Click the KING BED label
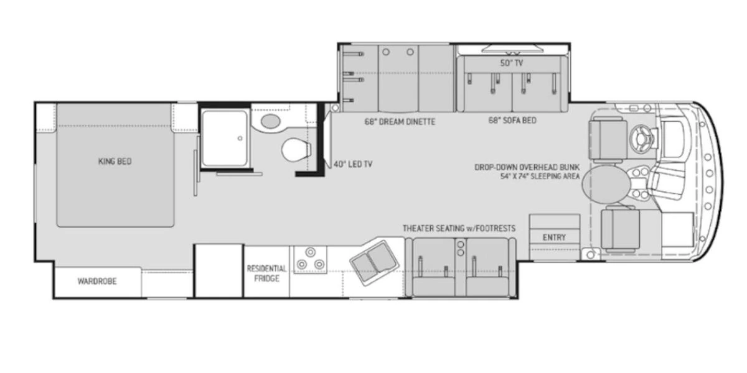115,162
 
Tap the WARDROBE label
97,281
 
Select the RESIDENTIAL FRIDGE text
266,274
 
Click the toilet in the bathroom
296,149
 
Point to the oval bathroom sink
270,121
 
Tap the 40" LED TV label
353,165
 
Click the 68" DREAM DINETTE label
400,122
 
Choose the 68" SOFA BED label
512,121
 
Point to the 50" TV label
512,63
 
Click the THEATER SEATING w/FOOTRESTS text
458,228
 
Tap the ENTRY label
554,237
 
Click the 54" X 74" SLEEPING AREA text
540,177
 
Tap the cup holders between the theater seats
461,249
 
